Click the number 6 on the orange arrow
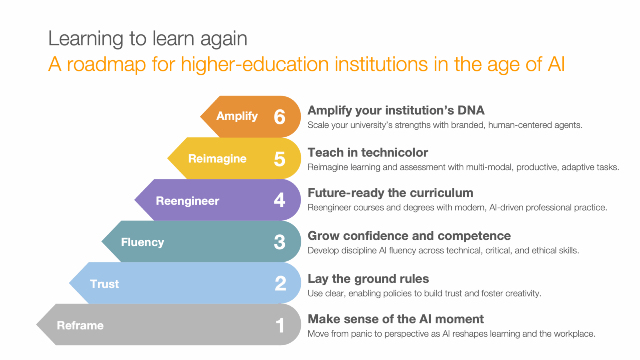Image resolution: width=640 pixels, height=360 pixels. (x=279, y=117)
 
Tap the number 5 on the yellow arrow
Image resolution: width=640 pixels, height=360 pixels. (x=279, y=159)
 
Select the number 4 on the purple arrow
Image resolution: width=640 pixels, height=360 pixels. (x=279, y=200)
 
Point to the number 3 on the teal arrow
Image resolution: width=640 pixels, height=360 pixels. (x=279, y=242)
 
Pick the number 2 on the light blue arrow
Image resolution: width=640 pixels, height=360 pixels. (x=280, y=283)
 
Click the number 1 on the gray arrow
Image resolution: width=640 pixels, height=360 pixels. (x=280, y=325)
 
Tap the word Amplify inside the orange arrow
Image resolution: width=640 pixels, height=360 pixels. (x=237, y=116)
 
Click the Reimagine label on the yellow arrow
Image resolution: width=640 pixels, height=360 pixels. (x=217, y=159)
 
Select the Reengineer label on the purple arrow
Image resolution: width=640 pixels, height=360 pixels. (x=187, y=201)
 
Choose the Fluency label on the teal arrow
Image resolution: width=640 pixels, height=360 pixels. (x=142, y=243)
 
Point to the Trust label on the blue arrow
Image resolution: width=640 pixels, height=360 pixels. (x=104, y=284)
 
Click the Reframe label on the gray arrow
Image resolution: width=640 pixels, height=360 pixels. (x=80, y=325)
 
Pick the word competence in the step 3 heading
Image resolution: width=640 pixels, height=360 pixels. (x=474, y=236)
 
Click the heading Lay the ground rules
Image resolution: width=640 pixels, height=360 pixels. (x=368, y=279)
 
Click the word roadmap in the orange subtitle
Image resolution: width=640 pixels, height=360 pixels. (x=106, y=64)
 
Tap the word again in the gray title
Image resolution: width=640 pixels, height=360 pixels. (x=224, y=39)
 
